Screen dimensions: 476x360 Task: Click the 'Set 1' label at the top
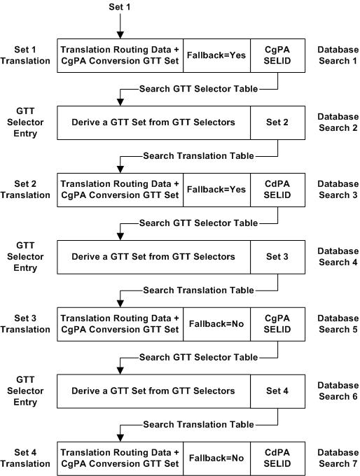coord(120,7)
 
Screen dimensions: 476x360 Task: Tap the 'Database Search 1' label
coord(338,55)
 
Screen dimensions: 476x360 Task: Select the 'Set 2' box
coord(278,122)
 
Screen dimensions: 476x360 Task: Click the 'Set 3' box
coord(278,256)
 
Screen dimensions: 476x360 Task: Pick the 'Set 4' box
coord(278,391)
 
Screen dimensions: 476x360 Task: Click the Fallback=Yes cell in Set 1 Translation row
coord(216,55)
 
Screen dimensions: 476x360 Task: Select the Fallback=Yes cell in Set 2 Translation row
coord(216,190)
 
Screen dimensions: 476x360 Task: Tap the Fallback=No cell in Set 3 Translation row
coord(216,324)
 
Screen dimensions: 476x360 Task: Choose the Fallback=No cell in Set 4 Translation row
coord(216,458)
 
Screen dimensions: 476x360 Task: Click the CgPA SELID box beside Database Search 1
coord(278,55)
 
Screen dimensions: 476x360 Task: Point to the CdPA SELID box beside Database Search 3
coord(278,190)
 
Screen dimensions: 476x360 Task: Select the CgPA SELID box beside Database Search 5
coord(278,324)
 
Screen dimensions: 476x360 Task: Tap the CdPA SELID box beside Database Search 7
coord(278,458)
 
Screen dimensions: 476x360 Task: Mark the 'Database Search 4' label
coord(338,256)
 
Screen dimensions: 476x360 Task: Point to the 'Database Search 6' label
coord(338,391)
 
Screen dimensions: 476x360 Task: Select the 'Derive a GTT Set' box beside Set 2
coord(153,122)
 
